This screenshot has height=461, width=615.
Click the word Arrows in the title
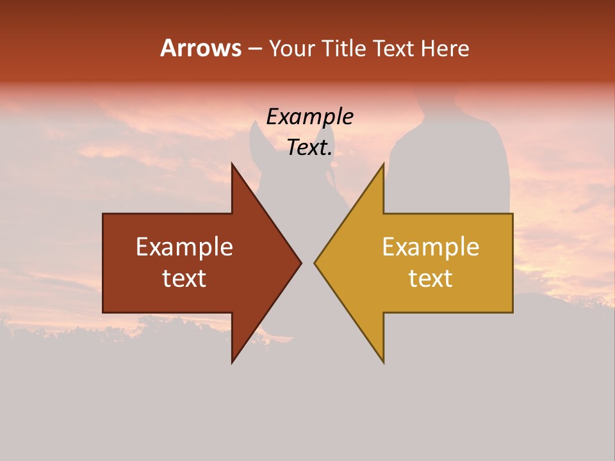coord(201,48)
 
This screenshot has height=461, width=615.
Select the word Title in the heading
coord(345,49)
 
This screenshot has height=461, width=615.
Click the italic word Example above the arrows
coord(309,117)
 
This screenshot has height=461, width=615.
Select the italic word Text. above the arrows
coord(309,147)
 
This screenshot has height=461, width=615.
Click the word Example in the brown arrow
coord(184,247)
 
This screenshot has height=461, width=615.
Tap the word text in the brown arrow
coord(184,278)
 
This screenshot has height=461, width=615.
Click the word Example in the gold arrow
coord(430,247)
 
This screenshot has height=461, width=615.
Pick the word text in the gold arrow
coord(430,278)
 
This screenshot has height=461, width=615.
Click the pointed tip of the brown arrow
coord(301,263)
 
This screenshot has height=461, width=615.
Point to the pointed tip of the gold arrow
coord(315,263)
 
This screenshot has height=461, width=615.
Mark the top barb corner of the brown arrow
coord(232,163)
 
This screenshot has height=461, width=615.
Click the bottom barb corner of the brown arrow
coord(232,362)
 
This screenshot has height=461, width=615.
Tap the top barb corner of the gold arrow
coord(383,163)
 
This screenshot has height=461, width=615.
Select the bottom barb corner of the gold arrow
coord(383,362)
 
